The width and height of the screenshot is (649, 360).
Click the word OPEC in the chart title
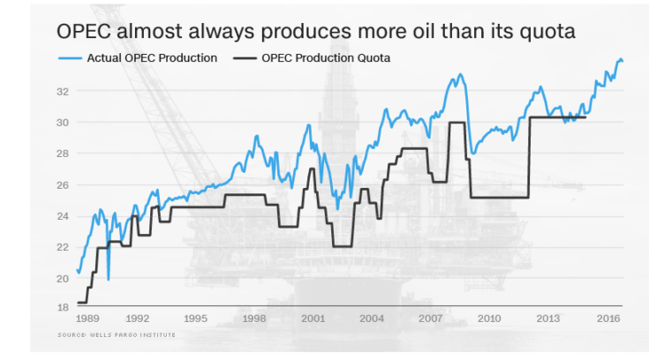click(x=82, y=32)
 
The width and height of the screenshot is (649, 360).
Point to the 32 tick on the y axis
click(x=64, y=91)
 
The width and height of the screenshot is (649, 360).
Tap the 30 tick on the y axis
click(x=64, y=122)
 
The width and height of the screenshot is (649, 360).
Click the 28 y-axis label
click(x=64, y=154)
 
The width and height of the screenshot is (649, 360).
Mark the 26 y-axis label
click(x=64, y=184)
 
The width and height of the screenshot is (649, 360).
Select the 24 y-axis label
click(x=64, y=216)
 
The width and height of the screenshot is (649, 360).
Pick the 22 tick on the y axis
click(x=64, y=247)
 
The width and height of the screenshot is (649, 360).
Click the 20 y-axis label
click(x=64, y=279)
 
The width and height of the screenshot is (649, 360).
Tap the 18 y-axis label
click(x=64, y=307)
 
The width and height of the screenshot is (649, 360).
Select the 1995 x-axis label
click(x=195, y=319)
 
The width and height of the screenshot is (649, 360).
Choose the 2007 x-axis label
click(x=430, y=319)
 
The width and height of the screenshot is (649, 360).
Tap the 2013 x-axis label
click(x=548, y=319)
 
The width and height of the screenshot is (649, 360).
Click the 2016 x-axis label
click(x=607, y=319)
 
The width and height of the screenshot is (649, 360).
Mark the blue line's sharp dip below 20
click(x=109, y=279)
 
